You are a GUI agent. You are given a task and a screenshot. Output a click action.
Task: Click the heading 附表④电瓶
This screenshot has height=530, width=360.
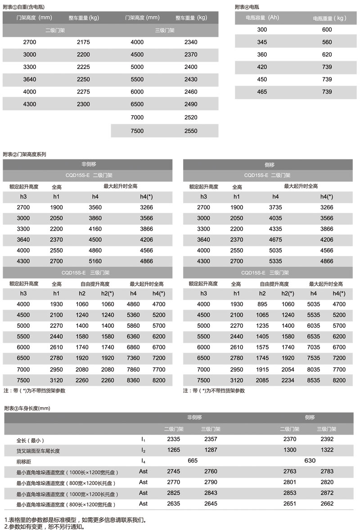point(247,7)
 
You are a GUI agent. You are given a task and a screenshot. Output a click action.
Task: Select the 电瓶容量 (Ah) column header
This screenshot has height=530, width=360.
point(262,18)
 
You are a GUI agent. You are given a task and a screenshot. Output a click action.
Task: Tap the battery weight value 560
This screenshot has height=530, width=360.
point(327,42)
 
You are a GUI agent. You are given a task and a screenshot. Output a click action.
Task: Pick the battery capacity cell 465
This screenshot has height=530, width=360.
point(262,92)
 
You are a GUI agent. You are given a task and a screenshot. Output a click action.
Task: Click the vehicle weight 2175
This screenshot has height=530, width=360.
point(83,42)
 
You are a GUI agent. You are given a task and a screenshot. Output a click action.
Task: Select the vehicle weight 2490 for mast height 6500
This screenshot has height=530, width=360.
point(191,104)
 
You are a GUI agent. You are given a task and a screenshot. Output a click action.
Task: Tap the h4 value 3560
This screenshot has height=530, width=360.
point(95,208)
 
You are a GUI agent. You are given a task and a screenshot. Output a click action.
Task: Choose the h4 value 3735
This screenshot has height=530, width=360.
point(275,208)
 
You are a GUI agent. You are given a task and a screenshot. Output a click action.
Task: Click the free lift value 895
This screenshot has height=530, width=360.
point(262,304)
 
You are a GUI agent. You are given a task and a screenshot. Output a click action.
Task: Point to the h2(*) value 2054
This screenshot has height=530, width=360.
point(288,369)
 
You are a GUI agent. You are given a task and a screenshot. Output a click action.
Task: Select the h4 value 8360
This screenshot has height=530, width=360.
point(134,380)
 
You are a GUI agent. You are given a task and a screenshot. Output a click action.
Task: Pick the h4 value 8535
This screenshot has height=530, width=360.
point(314,380)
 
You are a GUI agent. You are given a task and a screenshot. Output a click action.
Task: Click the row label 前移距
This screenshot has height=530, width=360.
point(24,461)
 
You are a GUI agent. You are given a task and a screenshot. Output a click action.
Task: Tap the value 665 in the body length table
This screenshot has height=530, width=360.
point(193,461)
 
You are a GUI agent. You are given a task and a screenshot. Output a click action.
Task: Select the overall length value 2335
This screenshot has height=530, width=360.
point(174,439)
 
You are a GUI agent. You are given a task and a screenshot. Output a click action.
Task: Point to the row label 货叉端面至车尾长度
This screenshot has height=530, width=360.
point(38,450)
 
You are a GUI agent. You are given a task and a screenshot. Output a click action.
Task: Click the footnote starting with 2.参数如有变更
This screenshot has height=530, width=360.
point(44,526)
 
